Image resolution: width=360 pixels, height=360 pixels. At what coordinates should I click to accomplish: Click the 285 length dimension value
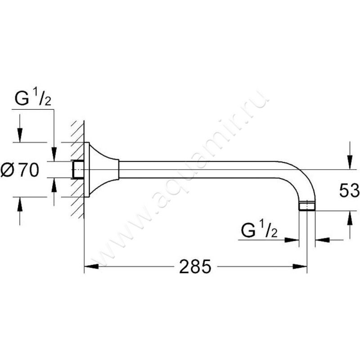pyautogui.click(x=195, y=266)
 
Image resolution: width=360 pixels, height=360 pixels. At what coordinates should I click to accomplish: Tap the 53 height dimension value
pyautogui.click(x=350, y=190)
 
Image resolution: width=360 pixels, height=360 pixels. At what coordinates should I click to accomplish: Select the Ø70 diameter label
pyautogui.click(x=20, y=170)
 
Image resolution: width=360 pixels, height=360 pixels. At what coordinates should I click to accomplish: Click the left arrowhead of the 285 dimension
pyautogui.click(x=91, y=266)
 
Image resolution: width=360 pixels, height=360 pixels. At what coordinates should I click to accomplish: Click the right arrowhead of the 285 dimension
pyautogui.click(x=300, y=266)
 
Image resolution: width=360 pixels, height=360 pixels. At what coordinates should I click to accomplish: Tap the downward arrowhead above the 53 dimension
pyautogui.click(x=350, y=162)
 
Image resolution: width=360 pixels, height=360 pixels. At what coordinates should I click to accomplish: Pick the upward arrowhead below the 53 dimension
pyautogui.click(x=350, y=218)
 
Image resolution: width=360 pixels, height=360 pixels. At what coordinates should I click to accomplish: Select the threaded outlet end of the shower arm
pyautogui.click(x=307, y=206)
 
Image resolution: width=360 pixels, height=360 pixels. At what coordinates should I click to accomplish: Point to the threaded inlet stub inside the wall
pyautogui.click(x=78, y=170)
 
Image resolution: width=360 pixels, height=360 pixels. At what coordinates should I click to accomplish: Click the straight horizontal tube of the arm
pyautogui.click(x=199, y=170)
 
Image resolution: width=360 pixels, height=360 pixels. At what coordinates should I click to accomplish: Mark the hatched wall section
pyautogui.click(x=77, y=170)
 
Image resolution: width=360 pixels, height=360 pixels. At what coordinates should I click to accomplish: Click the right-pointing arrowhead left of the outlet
pyautogui.click(x=292, y=240)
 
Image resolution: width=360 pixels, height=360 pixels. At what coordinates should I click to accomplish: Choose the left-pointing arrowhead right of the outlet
pyautogui.click(x=323, y=240)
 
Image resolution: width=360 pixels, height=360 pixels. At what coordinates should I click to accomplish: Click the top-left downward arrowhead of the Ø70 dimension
pyautogui.click(x=20, y=135)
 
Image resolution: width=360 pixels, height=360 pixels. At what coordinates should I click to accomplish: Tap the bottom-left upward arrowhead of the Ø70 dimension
pyautogui.click(x=20, y=204)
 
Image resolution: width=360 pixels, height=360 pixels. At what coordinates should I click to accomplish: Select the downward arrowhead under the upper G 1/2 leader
pyautogui.click(x=54, y=154)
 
